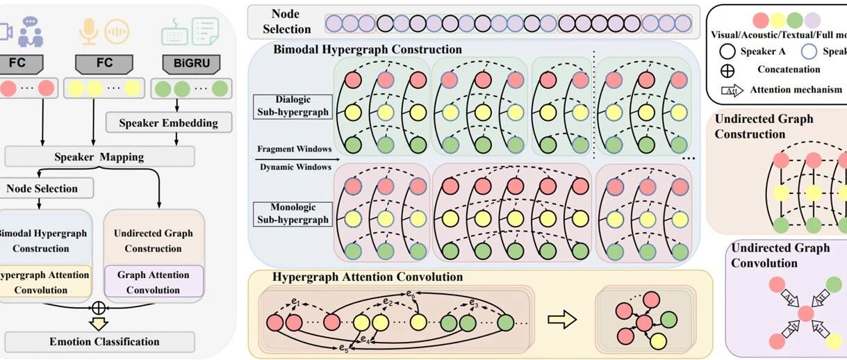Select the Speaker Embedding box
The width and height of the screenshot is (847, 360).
coord(167,123)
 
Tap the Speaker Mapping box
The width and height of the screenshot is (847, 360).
coord(99,156)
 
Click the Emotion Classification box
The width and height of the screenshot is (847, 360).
coord(104,341)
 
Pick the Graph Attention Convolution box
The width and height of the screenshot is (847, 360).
coord(153,282)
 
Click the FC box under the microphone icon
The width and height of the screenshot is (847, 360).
coord(104,63)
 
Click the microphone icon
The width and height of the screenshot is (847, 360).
coord(87,31)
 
